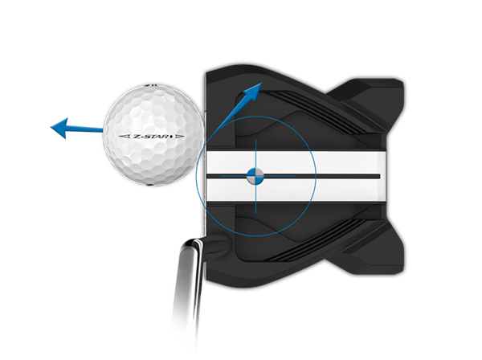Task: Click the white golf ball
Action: (150, 133)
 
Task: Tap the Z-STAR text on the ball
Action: (149, 137)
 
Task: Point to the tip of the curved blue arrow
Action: (262, 84)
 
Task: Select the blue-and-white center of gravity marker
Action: (255, 174)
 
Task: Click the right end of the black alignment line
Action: (378, 174)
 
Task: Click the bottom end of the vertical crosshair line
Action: (255, 212)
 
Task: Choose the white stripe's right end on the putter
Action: (384, 174)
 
